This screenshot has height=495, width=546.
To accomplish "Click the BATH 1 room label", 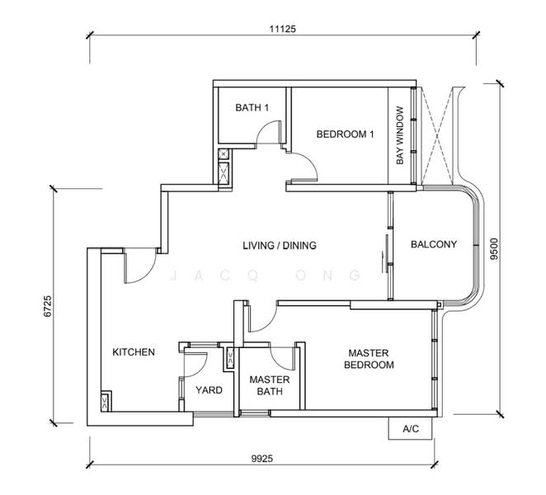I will [x=252, y=107].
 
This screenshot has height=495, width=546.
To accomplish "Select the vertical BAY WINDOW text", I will [x=399, y=135].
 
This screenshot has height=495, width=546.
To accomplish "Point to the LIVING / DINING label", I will [x=280, y=245].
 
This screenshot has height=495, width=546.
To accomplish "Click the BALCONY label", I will [x=433, y=244].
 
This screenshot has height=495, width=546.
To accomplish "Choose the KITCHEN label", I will [x=134, y=352].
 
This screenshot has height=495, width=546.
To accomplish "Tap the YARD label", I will [x=209, y=390].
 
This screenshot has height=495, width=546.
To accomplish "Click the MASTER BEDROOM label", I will [x=369, y=358].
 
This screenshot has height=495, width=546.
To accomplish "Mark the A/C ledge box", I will [x=409, y=429].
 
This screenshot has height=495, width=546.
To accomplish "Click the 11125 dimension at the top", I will [x=282, y=28].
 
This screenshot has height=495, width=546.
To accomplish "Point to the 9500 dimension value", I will [x=493, y=247].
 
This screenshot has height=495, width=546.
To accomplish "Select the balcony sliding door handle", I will [x=384, y=252].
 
